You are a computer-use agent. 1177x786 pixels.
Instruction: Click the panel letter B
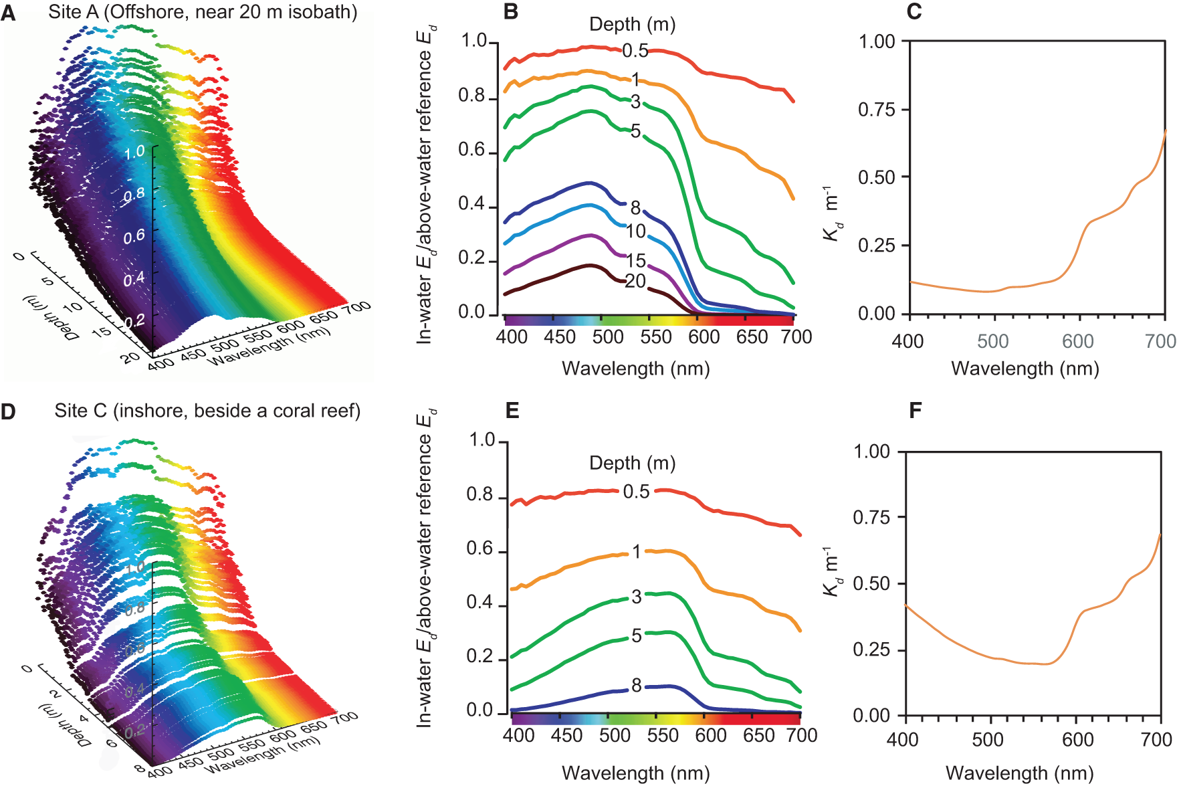pos(510,12)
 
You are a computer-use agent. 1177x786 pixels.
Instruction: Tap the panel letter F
pos(916,410)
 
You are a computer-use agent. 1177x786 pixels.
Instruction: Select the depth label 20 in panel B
pos(635,282)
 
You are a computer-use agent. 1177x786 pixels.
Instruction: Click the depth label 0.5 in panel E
pos(636,492)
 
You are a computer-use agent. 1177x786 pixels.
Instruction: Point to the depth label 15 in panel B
pos(635,260)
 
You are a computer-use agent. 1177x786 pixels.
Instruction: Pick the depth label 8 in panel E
pos(637,685)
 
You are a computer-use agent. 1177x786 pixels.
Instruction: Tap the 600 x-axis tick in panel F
pos(1078,740)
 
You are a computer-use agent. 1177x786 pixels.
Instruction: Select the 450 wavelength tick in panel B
pos(559,336)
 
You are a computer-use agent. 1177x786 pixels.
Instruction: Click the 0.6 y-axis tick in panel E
pos(479,549)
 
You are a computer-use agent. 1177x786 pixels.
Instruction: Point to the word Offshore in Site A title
pos(143,12)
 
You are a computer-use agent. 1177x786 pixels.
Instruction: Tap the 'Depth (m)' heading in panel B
pos(632,25)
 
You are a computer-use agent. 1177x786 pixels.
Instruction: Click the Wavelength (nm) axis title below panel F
pos(1019,773)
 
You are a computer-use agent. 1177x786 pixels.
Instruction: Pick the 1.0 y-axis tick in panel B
pos(473,41)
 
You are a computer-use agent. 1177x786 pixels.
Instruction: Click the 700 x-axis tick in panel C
pos(1160,341)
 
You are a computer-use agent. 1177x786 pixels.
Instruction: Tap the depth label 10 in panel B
pos(635,231)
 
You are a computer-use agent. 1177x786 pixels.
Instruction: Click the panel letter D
pos(8,411)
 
